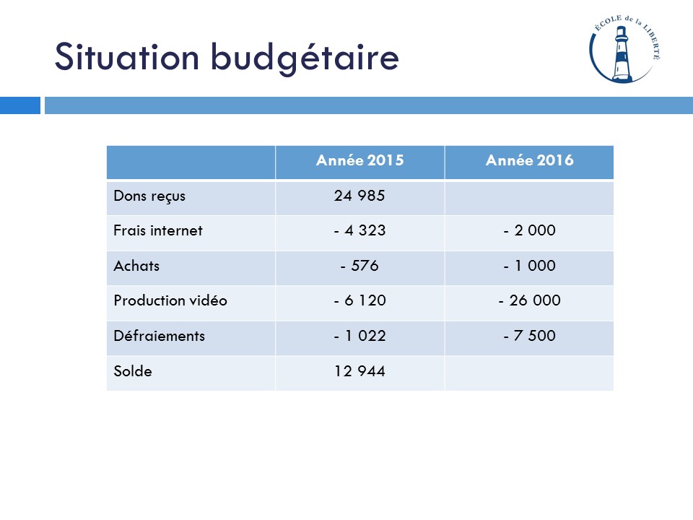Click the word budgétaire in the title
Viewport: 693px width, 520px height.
[305, 58]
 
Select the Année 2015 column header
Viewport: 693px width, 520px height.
[359, 160]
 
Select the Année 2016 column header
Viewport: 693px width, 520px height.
[529, 160]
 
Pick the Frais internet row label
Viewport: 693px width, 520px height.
[158, 231]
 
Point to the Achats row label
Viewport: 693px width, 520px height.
[136, 266]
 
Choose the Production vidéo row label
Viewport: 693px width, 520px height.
[170, 300]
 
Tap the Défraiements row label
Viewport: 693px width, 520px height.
[159, 336]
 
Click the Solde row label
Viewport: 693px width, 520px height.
[133, 371]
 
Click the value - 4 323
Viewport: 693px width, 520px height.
[359, 231]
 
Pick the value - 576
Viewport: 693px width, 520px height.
[359, 266]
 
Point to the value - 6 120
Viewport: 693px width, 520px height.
[359, 300]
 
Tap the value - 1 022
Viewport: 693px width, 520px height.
[359, 336]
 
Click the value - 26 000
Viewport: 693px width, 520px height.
[529, 300]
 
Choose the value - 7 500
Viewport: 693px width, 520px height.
[529, 336]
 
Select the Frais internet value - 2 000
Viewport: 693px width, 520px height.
[529, 231]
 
